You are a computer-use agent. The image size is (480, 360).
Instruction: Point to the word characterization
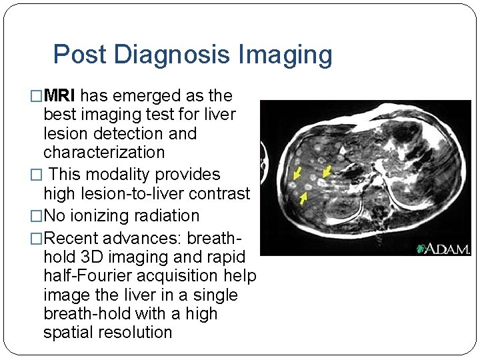click(x=103, y=152)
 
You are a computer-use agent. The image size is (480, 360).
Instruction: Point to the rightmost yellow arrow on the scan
click(x=326, y=172)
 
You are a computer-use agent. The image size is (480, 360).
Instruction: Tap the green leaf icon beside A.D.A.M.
click(x=421, y=249)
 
